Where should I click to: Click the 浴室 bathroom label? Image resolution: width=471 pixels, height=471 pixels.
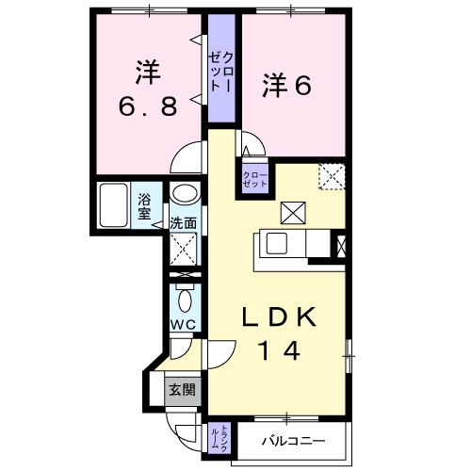click(x=145, y=205)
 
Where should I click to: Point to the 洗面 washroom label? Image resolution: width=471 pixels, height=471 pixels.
click(x=183, y=224)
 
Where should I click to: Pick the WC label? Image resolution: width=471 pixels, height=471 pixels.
click(x=182, y=325)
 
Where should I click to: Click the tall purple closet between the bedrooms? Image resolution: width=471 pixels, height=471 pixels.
click(x=221, y=71)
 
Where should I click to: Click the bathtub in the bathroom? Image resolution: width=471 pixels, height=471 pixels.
click(x=115, y=203)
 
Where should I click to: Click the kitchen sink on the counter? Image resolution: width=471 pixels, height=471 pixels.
click(x=278, y=243)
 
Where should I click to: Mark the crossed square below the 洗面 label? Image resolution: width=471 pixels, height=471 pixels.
click(x=183, y=251)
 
